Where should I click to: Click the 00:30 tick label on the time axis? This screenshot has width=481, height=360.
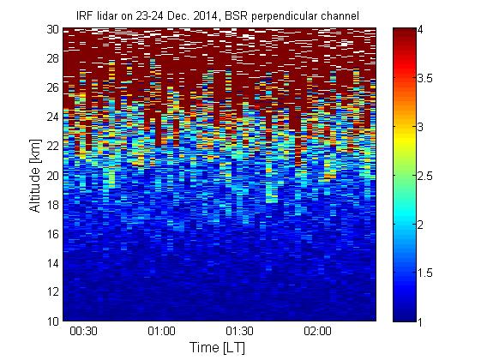coord(83,331)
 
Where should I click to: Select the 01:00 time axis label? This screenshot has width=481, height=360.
coord(162,331)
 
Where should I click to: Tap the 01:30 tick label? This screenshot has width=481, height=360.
coord(239,331)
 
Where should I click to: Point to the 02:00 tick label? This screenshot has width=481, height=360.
coord(317,331)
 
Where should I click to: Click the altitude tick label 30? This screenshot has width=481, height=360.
coord(52,29)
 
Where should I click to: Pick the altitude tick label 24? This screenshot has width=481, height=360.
coord(52,117)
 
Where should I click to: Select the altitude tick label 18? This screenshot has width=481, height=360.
coord(52,205)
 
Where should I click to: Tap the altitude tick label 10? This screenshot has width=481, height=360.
coord(52,321)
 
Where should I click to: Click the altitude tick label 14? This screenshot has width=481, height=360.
coord(52,263)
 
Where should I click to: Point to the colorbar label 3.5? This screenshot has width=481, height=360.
coord(425,78)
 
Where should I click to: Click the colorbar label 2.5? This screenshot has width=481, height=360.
coord(425,176)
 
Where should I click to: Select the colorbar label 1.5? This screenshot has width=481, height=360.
coord(425,273)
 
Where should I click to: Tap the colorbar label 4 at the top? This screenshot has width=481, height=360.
coord(420,30)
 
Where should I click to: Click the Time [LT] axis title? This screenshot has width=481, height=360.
coord(218,348)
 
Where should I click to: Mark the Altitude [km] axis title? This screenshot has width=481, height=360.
coord(35,176)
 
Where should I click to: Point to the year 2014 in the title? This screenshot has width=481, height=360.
coord(205,15)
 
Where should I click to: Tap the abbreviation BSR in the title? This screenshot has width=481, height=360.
coord(237,15)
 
